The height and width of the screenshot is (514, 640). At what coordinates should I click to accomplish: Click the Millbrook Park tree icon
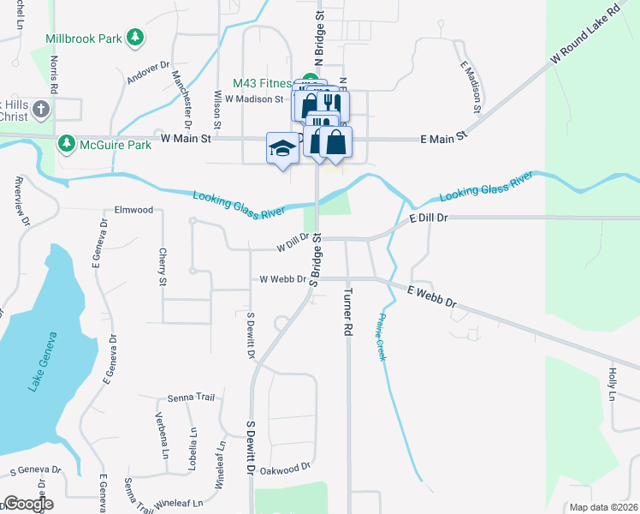(134, 38)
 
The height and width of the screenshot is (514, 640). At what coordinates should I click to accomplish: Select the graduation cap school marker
(281, 149)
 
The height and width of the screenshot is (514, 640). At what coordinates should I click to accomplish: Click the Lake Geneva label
(44, 361)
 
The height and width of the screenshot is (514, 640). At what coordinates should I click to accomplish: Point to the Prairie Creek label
(377, 335)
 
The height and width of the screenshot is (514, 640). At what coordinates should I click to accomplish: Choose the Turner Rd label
(347, 310)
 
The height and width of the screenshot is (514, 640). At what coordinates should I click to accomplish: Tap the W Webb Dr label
(282, 279)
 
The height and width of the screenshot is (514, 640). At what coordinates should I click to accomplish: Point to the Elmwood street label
(133, 210)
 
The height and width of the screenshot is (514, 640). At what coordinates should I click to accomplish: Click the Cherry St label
(162, 266)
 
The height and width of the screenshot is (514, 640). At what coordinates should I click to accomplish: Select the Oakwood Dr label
(285, 469)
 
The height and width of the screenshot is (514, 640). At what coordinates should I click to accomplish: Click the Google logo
(27, 504)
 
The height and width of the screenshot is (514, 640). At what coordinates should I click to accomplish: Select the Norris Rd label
(55, 75)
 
